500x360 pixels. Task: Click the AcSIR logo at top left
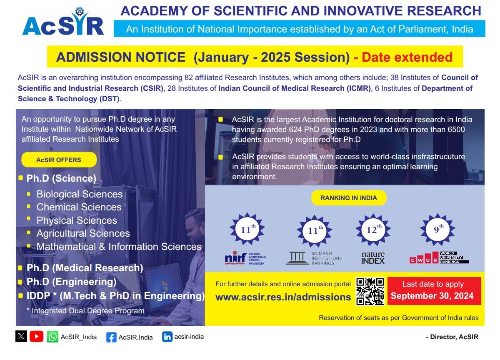(63, 22)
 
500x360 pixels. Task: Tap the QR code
(370, 291)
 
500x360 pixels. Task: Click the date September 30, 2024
(432, 296)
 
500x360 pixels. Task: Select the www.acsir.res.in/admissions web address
(283, 297)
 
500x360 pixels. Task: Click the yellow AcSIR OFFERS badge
(59, 160)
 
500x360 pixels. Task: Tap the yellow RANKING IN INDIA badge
(348, 198)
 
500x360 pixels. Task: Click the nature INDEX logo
(373, 258)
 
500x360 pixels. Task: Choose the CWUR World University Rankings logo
(439, 258)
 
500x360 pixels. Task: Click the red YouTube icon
(36, 336)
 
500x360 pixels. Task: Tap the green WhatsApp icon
(52, 337)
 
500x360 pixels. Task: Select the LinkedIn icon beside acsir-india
(167, 337)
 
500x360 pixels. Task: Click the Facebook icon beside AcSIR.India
(111, 337)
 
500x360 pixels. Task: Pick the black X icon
(21, 336)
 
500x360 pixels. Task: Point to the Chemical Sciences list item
(79, 207)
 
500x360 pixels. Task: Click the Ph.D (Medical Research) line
(85, 268)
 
